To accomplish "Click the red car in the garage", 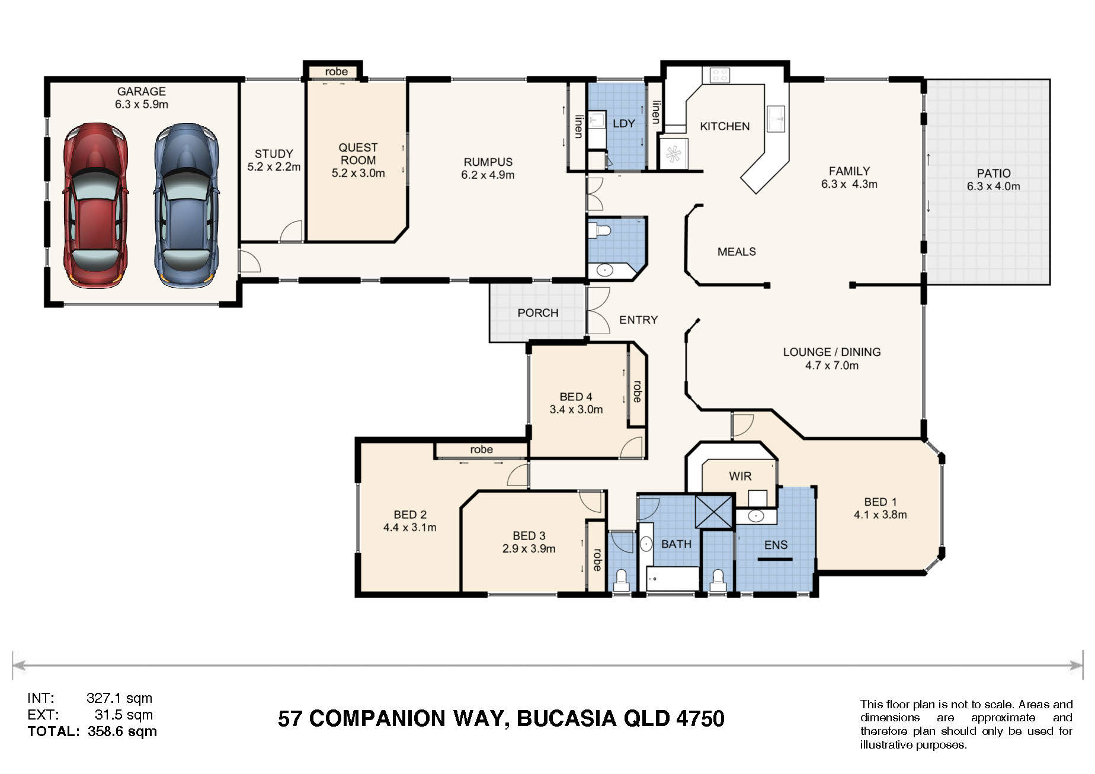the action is point(95,205).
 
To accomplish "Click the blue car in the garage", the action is point(186,205).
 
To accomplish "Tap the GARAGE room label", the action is point(142,92).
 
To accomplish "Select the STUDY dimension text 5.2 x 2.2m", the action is point(274,167).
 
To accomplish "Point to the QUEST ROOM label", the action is point(358,154).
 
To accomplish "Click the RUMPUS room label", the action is point(488,162).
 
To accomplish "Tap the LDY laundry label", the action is point(624,123).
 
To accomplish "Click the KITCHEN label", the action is point(725,126).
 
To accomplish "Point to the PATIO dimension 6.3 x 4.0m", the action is point(994,186).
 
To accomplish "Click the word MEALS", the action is point(737,252).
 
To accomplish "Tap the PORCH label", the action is point(538,313).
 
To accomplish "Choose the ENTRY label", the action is point(638,320).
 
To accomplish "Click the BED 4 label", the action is point(576,397).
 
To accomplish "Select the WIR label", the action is point(740,476).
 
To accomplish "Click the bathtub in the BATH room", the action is point(673,579).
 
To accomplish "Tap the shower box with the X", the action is point(715,511).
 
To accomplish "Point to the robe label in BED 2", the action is point(481,449).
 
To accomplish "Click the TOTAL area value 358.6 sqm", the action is point(122,731).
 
